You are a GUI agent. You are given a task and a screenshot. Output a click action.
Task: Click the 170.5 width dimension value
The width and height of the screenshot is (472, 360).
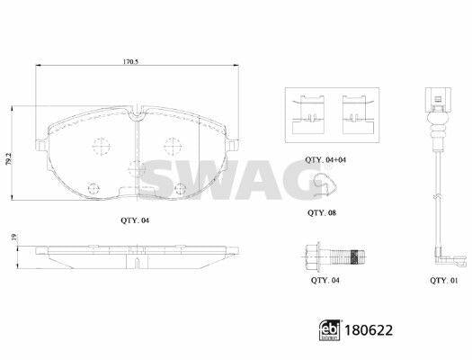pos(130,62)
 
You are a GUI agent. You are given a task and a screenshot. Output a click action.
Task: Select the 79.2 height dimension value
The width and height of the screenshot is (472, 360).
pos(9,158)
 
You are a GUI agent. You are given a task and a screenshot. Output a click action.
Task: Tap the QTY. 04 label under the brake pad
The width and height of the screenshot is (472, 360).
pos(135,220)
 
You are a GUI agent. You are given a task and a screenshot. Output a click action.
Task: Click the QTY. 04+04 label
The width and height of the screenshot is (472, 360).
pos(325,160)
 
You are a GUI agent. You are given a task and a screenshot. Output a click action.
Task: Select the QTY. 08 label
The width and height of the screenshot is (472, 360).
pos(322,213)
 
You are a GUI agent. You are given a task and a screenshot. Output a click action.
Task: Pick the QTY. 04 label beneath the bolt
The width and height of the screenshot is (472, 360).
pos(325,281)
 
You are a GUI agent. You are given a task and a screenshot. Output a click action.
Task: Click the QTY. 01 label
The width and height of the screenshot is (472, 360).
pos(444,281)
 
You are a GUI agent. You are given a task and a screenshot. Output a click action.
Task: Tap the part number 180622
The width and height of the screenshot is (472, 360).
pos(369,330)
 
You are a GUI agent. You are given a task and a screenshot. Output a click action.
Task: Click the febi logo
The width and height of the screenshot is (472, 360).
pos(330,330)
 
